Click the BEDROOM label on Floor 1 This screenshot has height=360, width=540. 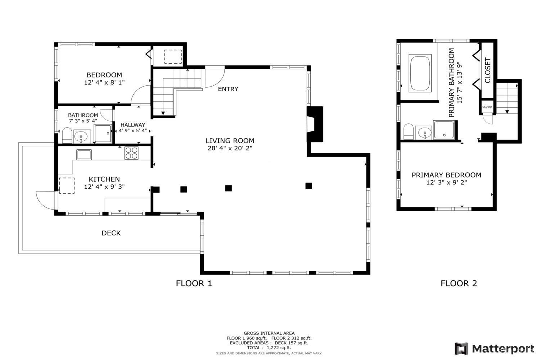point(104,75)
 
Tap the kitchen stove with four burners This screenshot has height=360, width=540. point(131,153)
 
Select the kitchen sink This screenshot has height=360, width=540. point(84,154)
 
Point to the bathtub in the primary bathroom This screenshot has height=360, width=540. point(420,73)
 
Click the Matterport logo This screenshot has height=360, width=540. point(494,349)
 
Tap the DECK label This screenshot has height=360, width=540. point(111,233)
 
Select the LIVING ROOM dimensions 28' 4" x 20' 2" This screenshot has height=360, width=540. point(230,148)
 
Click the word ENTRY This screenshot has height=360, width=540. point(228,89)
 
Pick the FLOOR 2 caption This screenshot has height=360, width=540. point(459,283)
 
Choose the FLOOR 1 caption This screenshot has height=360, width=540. point(194,283)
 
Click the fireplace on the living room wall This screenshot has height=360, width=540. point(315,124)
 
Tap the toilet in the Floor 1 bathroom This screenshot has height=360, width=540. point(67,135)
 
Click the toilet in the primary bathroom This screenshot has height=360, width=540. point(408,132)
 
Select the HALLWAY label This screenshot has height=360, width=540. point(133,125)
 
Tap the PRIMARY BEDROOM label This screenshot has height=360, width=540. point(446,175)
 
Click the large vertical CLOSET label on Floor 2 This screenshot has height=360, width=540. point(487,70)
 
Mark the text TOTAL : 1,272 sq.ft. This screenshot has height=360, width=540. point(269,347)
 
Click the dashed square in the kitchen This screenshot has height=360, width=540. point(67,185)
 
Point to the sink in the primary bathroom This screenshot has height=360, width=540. point(425,132)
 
